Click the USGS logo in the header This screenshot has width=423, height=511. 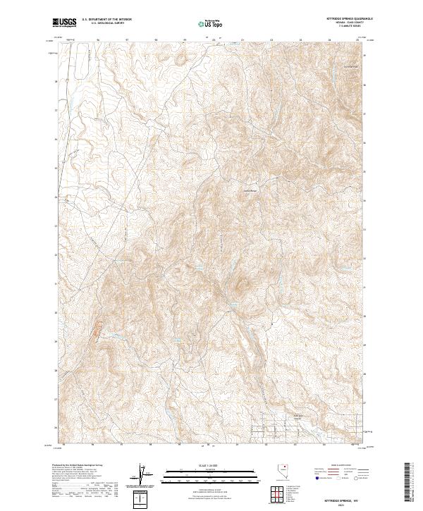(64, 23)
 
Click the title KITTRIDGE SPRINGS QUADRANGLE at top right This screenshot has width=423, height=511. (341, 19)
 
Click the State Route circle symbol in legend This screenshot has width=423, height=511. (357, 478)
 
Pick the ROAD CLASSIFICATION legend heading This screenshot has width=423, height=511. (341, 466)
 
